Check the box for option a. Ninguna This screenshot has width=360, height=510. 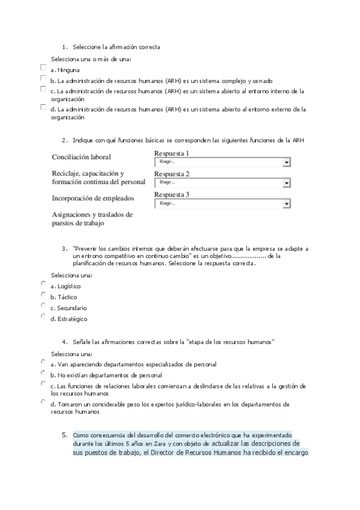tap(43, 67)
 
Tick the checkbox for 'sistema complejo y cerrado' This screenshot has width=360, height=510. tap(43, 78)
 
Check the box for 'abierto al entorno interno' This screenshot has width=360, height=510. tap(43, 89)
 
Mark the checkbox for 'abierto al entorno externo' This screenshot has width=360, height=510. tap(43, 107)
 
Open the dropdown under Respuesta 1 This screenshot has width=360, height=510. tap(222, 162)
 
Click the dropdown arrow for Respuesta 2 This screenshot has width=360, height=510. tap(287, 182)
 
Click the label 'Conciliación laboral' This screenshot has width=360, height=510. tap(81, 157)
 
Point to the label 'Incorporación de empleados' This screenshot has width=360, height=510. tap(93, 198)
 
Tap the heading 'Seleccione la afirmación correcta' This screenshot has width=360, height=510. tap(116, 47)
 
